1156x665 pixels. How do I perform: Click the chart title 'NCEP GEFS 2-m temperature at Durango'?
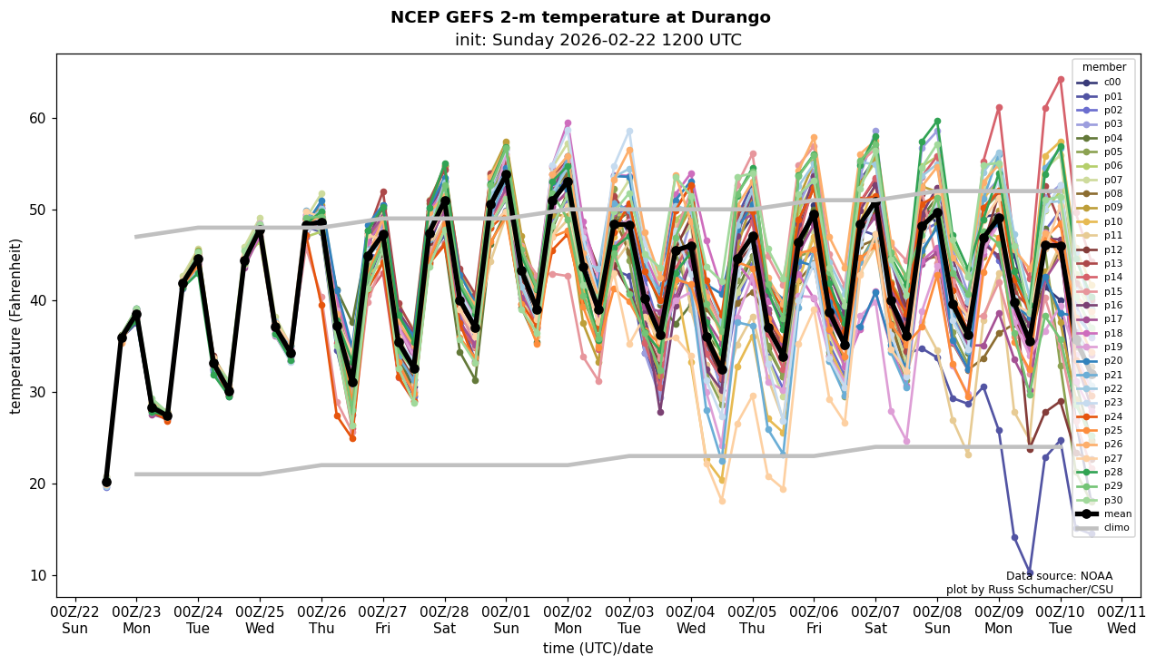579,17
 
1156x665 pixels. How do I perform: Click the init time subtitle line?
598,40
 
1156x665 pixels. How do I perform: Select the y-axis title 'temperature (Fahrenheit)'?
16,326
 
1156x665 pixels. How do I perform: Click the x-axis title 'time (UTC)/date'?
598,649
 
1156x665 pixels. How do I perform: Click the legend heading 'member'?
1103,67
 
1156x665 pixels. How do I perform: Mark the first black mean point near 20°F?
106,483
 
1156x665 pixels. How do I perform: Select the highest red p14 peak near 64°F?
1061,79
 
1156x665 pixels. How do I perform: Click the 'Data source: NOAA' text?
1059,576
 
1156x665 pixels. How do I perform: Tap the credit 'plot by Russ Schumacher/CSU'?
1029,590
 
